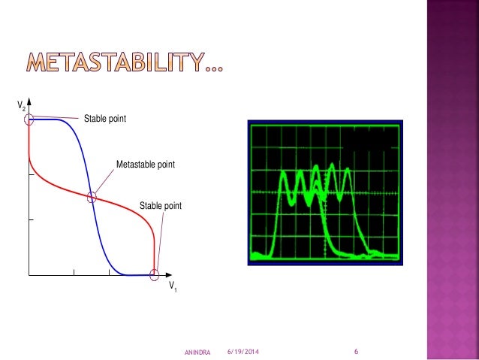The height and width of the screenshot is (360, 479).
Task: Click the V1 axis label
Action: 172,286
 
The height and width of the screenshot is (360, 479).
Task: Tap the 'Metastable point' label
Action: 145,163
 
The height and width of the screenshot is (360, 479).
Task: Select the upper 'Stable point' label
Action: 104,118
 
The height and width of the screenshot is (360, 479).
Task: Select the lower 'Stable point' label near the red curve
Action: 161,205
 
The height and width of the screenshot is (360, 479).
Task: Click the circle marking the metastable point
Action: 92,198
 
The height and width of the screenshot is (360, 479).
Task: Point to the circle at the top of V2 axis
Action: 29,119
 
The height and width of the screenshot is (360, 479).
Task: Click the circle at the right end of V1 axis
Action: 155,275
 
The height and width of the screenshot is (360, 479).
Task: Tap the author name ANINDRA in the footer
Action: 197,352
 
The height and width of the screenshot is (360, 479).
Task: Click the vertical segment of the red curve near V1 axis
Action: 154,252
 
